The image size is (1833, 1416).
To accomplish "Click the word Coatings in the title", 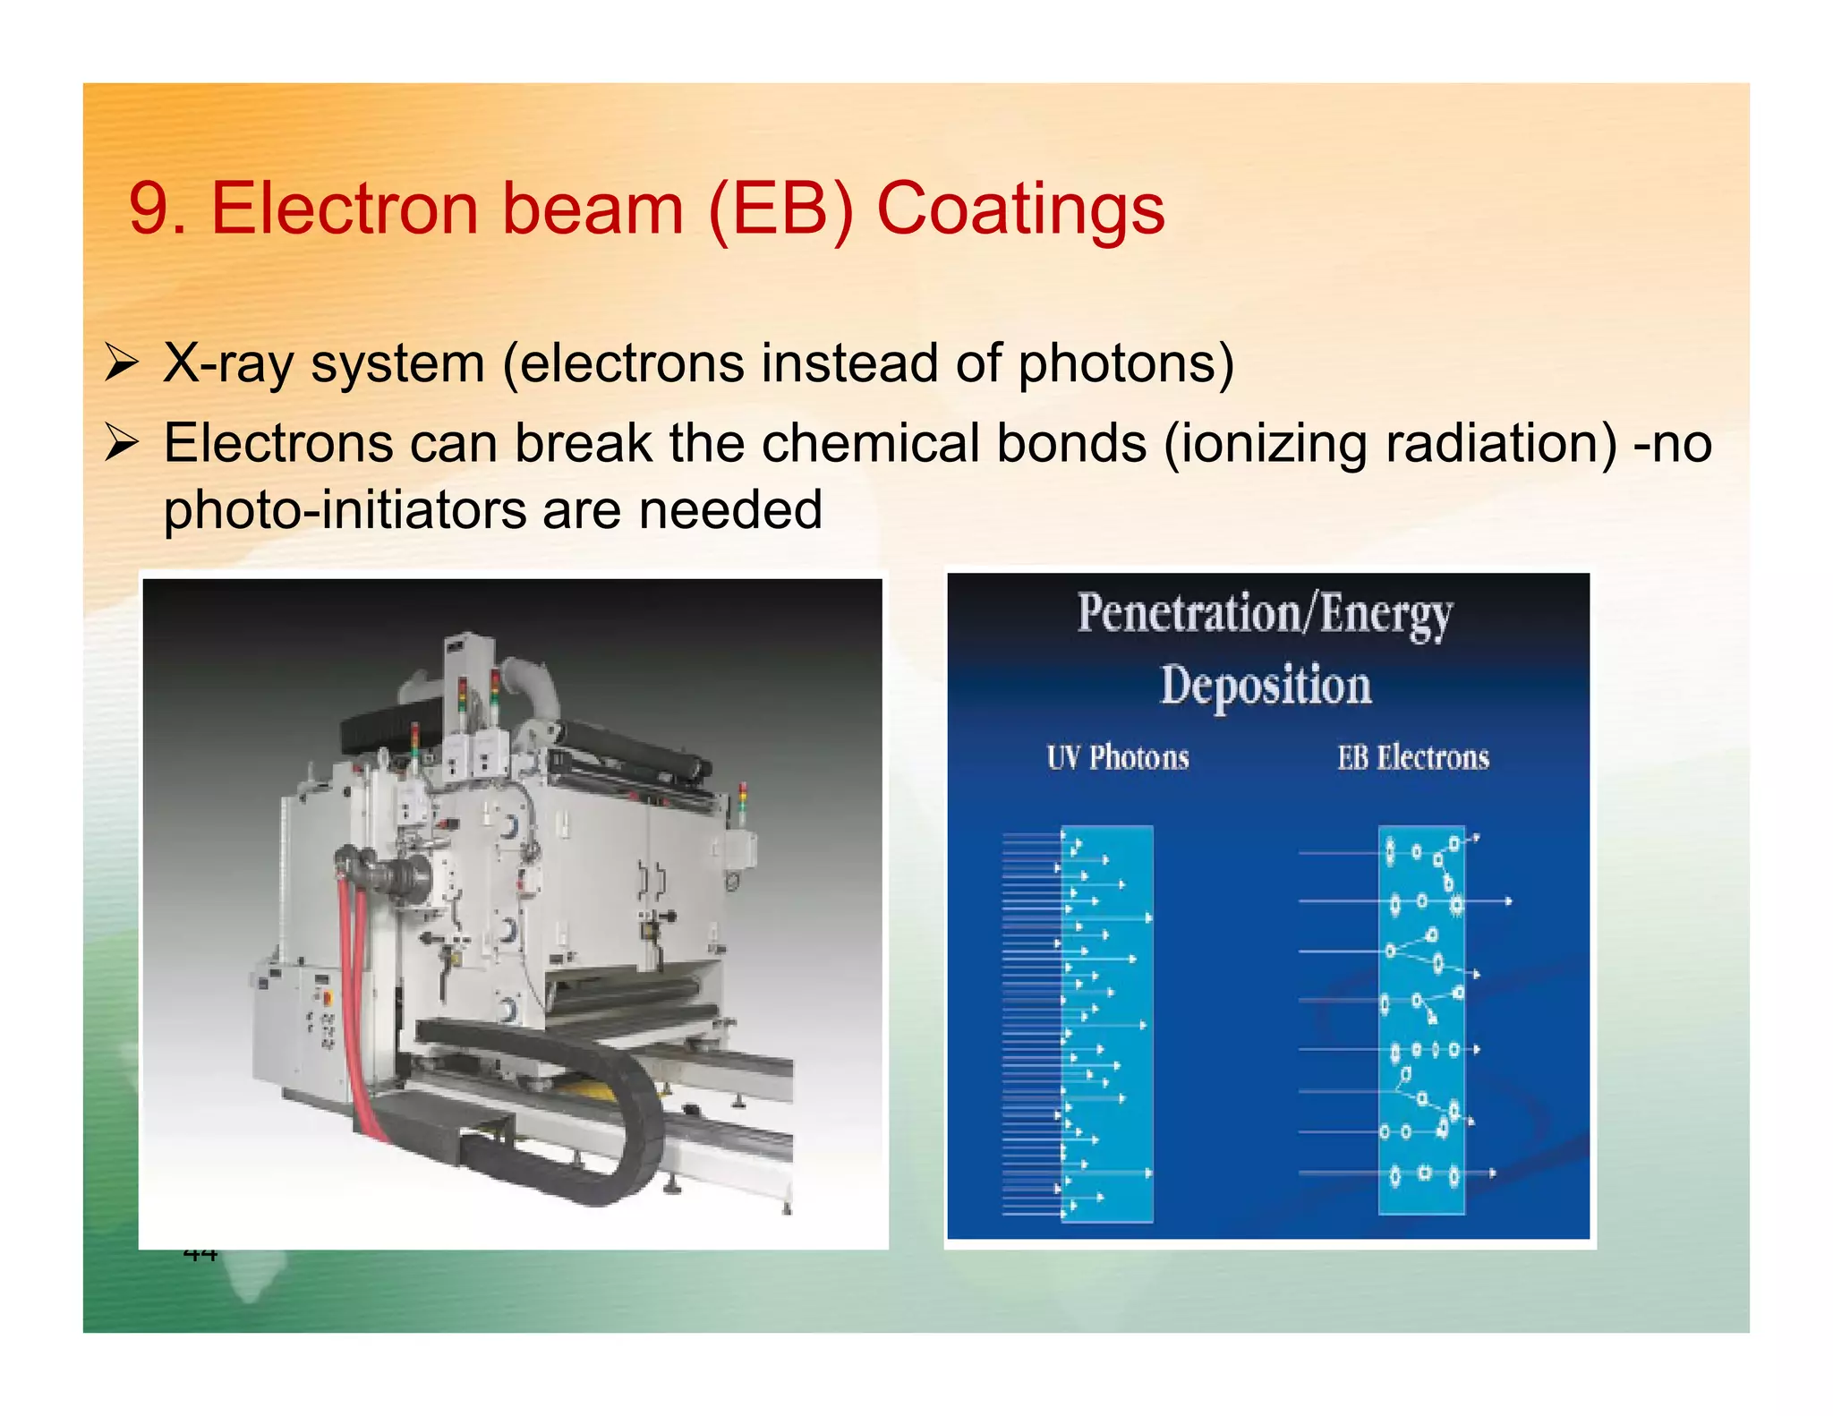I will click(x=1020, y=209).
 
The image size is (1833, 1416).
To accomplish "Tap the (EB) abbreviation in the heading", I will click(x=780, y=209).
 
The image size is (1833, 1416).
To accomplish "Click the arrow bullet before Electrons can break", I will click(x=121, y=443).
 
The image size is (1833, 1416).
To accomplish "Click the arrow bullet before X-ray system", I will click(x=121, y=364).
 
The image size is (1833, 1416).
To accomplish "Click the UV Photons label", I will click(x=1118, y=758).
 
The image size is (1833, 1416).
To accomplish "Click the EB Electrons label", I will click(x=1413, y=758).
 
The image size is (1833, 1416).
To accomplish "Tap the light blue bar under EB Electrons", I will click(x=1421, y=1020).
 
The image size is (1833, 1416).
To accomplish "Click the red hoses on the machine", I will click(x=361, y=1011).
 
